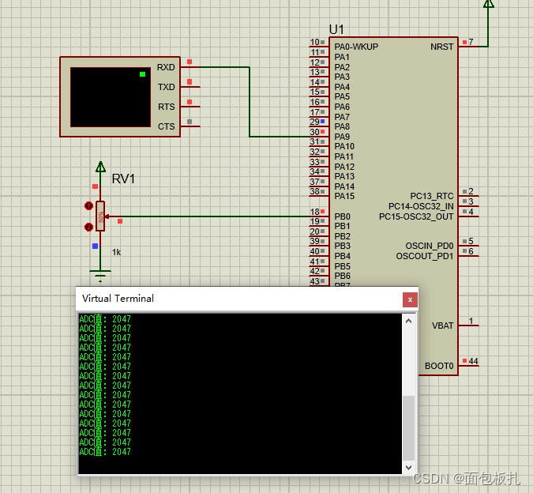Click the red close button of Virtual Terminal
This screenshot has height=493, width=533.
coord(409,299)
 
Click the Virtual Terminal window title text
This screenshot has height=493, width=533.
coord(118,299)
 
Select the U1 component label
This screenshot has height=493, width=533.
coord(336,29)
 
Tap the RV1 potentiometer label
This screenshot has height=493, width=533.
coord(123,179)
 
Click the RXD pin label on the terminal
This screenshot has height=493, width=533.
coord(166,68)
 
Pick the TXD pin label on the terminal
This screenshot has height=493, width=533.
coord(166,88)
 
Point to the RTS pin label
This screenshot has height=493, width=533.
coord(166,107)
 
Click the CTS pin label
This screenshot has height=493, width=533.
coord(166,126)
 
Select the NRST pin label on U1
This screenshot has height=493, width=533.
coord(442,47)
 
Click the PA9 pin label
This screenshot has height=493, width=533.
coord(342,137)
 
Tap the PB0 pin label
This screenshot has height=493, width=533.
coord(342,216)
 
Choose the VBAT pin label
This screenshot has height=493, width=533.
coord(442,326)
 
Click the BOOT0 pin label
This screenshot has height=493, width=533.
coord(439,366)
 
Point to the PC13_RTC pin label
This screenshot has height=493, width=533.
coord(432,196)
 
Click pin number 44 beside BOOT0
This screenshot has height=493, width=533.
coord(473,361)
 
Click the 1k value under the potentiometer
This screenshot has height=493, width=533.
coord(116,252)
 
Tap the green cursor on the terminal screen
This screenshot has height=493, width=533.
coord(142,74)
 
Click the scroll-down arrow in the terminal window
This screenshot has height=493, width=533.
coord(408,468)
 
